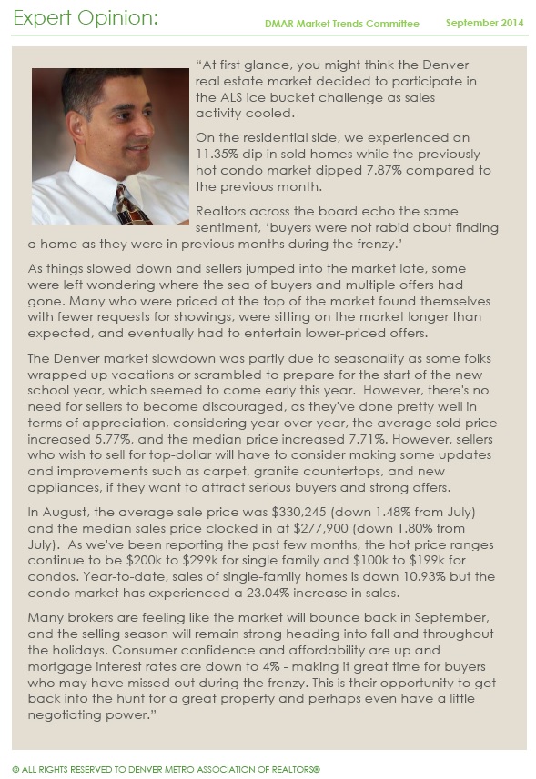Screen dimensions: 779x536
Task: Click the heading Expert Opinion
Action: click(86, 18)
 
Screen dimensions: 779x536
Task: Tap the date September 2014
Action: click(484, 24)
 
